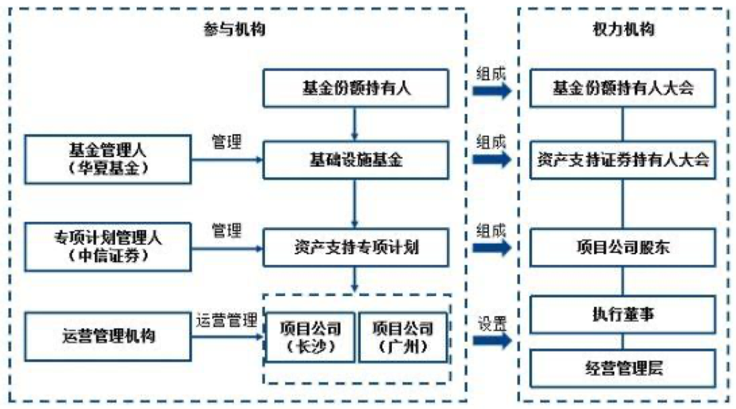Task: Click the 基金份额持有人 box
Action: [355, 88]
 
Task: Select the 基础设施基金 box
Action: [355, 160]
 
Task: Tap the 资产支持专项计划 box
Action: [355, 247]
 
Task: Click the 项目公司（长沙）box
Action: [310, 337]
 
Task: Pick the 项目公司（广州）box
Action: [403, 337]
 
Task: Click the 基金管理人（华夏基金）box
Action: [108, 159]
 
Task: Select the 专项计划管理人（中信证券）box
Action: [108, 247]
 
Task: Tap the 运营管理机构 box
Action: [108, 337]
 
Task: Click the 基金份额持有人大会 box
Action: [623, 88]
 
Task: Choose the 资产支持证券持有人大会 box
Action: [623, 160]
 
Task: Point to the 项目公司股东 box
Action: [623, 247]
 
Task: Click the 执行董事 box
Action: [623, 314]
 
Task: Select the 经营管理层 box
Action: [623, 368]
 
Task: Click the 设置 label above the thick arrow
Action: [492, 324]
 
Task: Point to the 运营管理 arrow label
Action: [226, 320]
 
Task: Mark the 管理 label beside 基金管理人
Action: [227, 142]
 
